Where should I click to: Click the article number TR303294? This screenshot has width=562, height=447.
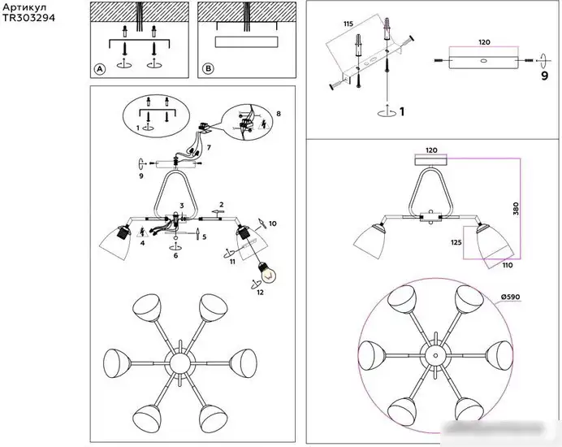click(x=28, y=18)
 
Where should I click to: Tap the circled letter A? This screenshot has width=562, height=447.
click(x=100, y=69)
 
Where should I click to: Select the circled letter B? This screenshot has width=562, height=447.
click(x=208, y=69)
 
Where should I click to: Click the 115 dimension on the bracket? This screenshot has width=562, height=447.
click(x=348, y=24)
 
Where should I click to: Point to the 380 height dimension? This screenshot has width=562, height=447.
click(x=516, y=209)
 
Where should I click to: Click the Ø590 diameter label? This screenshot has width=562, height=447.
click(x=510, y=297)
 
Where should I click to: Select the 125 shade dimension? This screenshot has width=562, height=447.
click(x=456, y=242)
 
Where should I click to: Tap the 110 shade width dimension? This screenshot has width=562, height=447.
click(x=508, y=265)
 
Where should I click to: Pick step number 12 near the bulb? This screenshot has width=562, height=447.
click(x=260, y=293)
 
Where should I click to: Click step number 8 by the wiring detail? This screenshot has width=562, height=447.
click(x=279, y=114)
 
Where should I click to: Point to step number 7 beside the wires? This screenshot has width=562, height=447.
click(x=209, y=147)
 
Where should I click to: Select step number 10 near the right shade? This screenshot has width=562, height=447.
click(x=272, y=223)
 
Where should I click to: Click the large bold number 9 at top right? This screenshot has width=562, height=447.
click(x=544, y=76)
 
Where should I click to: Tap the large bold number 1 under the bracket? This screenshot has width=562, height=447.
click(x=402, y=111)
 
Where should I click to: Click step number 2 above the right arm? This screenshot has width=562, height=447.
click(x=222, y=205)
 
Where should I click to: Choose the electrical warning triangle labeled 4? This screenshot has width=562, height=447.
click(x=143, y=232)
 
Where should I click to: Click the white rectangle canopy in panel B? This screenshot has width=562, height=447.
click(x=247, y=42)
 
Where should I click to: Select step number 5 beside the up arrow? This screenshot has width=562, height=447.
click(x=205, y=237)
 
